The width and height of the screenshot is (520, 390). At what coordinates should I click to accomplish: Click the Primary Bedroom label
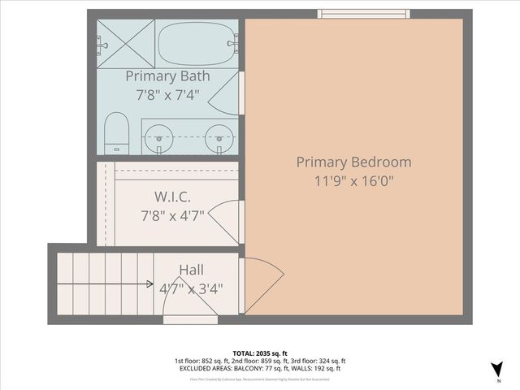(x=353, y=162)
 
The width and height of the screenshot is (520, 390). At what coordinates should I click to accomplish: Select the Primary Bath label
(x=167, y=76)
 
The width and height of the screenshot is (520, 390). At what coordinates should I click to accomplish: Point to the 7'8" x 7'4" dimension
(x=167, y=94)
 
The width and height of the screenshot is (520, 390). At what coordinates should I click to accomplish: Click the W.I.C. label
(x=173, y=197)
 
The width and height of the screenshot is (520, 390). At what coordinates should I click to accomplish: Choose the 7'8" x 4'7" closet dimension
(x=173, y=216)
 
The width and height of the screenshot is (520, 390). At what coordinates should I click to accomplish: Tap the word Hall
(x=191, y=269)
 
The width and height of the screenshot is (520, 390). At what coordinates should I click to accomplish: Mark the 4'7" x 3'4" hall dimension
(x=191, y=288)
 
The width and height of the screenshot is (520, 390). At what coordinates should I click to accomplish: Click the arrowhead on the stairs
(x=150, y=284)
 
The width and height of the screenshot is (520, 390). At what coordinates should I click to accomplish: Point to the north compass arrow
(x=496, y=368)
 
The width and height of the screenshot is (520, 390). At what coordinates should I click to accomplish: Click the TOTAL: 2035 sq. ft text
(x=259, y=353)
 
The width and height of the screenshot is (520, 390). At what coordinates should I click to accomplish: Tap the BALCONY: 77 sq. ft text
(x=249, y=368)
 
